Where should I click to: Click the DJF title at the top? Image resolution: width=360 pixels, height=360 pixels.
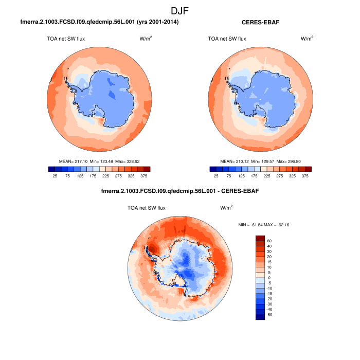tap(180, 10)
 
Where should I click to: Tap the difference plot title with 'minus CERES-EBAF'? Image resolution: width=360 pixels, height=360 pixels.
tap(182, 191)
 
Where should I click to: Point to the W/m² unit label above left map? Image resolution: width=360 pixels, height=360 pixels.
tap(146, 39)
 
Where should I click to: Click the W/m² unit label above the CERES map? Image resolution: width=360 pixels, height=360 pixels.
tap(307, 39)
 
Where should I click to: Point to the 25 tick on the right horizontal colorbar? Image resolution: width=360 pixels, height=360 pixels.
tap(216, 176)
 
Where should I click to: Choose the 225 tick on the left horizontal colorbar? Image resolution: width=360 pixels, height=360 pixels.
tap(105, 176)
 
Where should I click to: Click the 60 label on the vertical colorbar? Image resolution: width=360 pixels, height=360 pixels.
tap(269, 241)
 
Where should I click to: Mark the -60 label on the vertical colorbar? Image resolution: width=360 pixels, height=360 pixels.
tap(270, 314)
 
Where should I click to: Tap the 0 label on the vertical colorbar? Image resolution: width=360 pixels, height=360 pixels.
tap(268, 278)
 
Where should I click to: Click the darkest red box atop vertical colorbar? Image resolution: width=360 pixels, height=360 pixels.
tap(260, 238)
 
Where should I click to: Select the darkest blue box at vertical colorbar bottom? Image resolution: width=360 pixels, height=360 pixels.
tap(260, 317)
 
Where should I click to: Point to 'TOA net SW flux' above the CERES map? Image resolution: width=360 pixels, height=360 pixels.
tap(227, 39)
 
